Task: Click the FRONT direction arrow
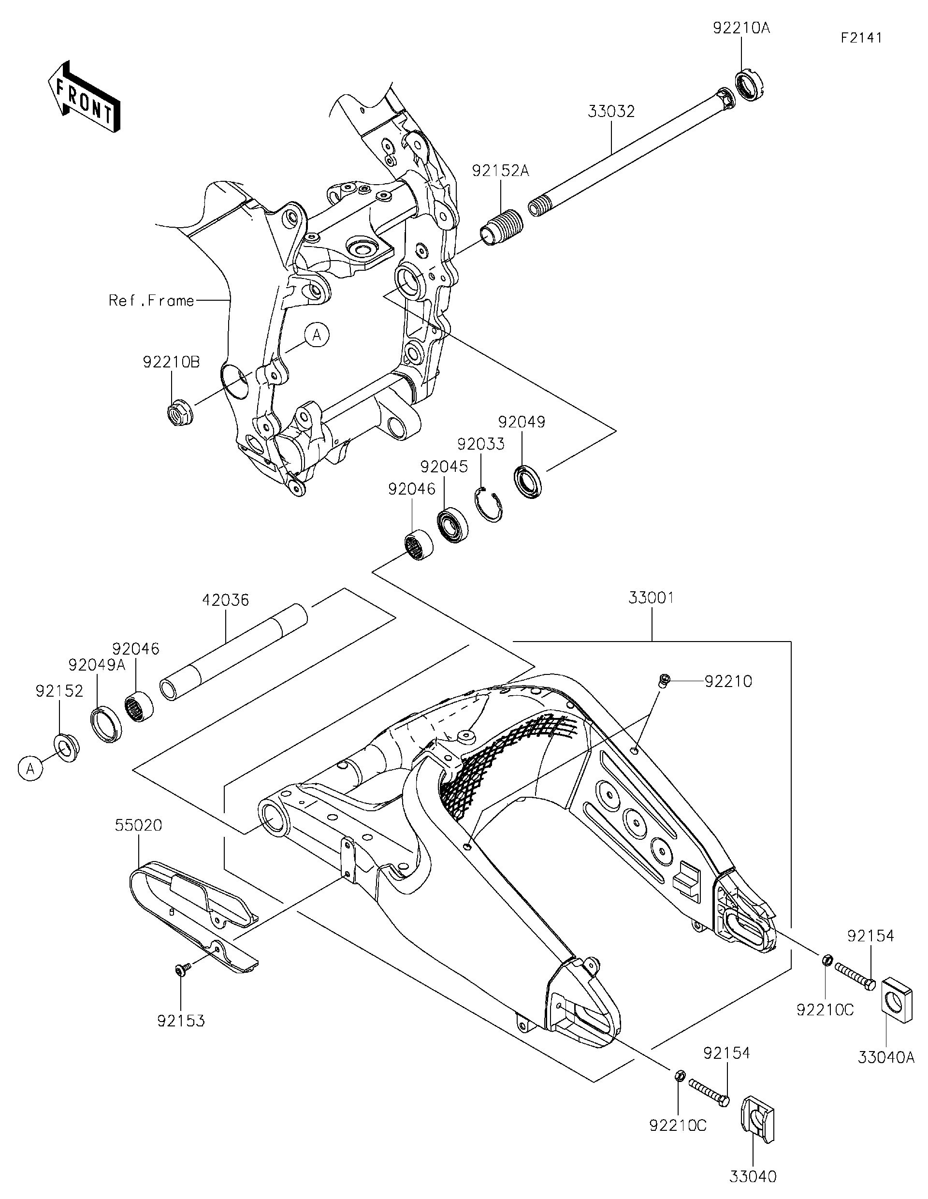tap(84, 96)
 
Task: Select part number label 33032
tap(611, 112)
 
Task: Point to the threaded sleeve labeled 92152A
tap(502, 225)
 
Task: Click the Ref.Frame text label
tap(151, 300)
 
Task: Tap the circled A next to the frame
tap(317, 335)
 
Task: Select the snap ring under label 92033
tap(489, 504)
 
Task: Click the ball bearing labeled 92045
tap(453, 526)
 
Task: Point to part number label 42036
tap(226, 600)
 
